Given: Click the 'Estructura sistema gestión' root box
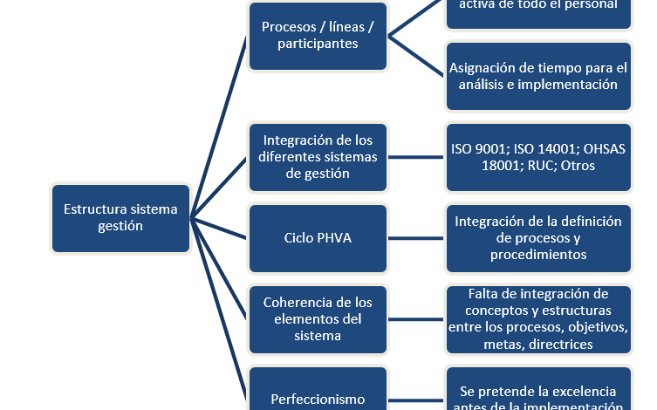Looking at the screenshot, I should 120,218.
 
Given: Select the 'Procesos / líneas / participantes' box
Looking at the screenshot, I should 318,36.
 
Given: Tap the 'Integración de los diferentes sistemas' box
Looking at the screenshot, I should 318,157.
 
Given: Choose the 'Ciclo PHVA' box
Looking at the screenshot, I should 318,238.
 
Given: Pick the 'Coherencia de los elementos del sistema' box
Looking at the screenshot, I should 318,318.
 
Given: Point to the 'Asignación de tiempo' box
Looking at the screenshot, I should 538,76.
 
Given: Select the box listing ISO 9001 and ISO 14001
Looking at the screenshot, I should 538,157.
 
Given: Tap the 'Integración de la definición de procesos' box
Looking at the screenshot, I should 538,238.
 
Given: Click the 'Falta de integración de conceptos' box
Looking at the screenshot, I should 538,318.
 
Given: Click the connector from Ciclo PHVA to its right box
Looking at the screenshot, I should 416,238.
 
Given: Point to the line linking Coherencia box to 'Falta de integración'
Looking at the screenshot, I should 416,318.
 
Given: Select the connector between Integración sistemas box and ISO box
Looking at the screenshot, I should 416,157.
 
